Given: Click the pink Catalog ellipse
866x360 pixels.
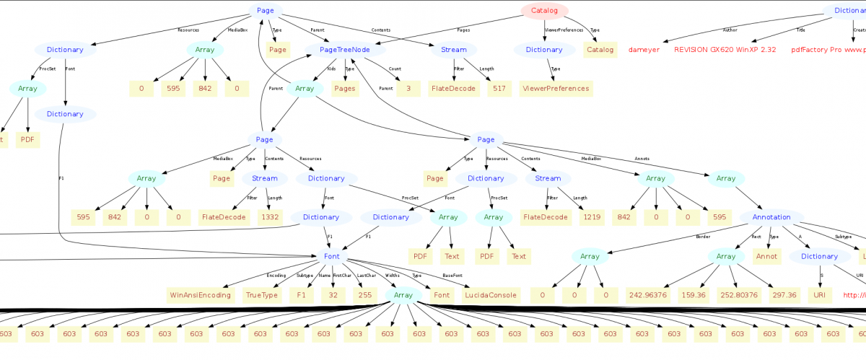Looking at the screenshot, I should click(x=544, y=11).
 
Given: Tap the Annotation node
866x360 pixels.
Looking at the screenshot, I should click(x=771, y=217).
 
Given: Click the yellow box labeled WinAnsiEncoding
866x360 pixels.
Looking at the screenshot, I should click(x=200, y=295).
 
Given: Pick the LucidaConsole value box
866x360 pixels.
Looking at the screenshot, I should click(x=491, y=295).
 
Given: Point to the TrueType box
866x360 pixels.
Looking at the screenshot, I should click(x=262, y=295).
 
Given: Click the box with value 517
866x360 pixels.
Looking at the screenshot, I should click(x=497, y=89).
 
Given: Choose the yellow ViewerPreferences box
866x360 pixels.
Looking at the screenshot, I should click(x=555, y=89).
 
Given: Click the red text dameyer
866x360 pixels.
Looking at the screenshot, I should click(x=644, y=50).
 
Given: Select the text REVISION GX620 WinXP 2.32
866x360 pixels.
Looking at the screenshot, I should click(x=725, y=50).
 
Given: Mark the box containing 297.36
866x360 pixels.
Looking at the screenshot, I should click(x=784, y=295).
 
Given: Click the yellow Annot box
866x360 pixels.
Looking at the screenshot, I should click(x=766, y=256).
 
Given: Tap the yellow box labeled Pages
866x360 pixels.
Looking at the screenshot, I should click(x=345, y=89).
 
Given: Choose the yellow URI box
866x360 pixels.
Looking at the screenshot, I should click(x=818, y=295).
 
